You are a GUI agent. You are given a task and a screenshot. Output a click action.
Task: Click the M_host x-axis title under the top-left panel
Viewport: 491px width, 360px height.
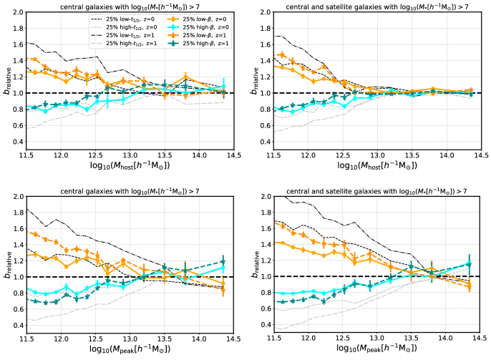pyautogui.click(x=132, y=167)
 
